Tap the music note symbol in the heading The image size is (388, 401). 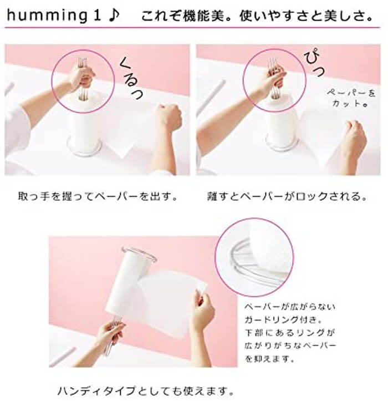tap(114, 16)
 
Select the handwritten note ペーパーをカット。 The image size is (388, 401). tap(351, 98)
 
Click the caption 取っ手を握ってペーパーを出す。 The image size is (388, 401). tap(98, 196)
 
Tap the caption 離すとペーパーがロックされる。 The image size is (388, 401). tap(288, 196)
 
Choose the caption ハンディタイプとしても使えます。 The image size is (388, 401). tap(145, 390)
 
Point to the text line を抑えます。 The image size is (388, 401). tap(270, 358)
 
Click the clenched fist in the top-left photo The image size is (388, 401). tap(169, 116)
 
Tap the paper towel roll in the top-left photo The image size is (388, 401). tap(84, 120)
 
